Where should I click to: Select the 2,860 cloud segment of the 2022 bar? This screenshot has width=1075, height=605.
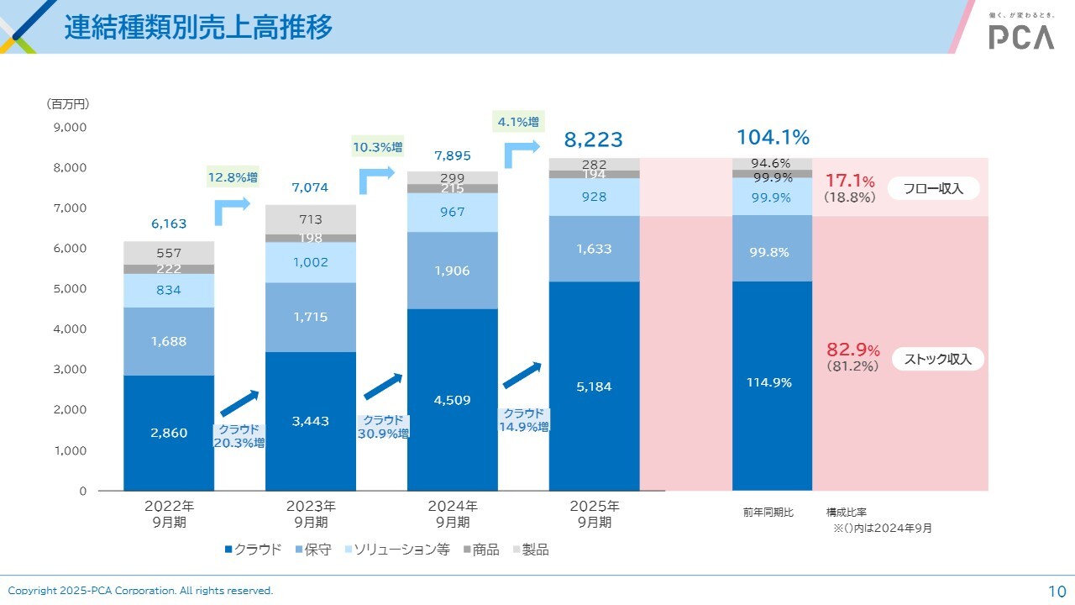169,433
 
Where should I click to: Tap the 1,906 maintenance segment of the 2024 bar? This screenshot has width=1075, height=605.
453,271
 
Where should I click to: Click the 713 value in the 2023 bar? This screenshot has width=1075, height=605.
311,220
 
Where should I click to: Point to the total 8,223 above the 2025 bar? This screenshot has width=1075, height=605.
593,139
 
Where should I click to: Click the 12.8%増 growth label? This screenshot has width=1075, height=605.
233,177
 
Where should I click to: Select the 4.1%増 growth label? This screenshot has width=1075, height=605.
517,122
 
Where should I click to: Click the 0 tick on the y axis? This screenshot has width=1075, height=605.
83,491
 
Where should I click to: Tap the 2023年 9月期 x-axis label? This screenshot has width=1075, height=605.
311,514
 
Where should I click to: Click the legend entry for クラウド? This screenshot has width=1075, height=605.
253,550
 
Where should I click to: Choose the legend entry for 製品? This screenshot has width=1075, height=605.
529,550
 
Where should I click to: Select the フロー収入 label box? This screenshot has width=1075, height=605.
932,189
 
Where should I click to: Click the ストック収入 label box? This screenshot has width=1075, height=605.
937,359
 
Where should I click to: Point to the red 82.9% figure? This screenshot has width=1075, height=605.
852,350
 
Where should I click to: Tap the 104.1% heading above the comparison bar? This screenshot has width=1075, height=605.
773,138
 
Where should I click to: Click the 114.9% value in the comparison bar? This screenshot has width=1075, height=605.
769,382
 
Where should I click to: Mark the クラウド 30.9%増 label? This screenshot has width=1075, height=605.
383,427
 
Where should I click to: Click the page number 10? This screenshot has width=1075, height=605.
1057,591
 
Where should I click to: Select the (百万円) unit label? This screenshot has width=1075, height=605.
67,104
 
